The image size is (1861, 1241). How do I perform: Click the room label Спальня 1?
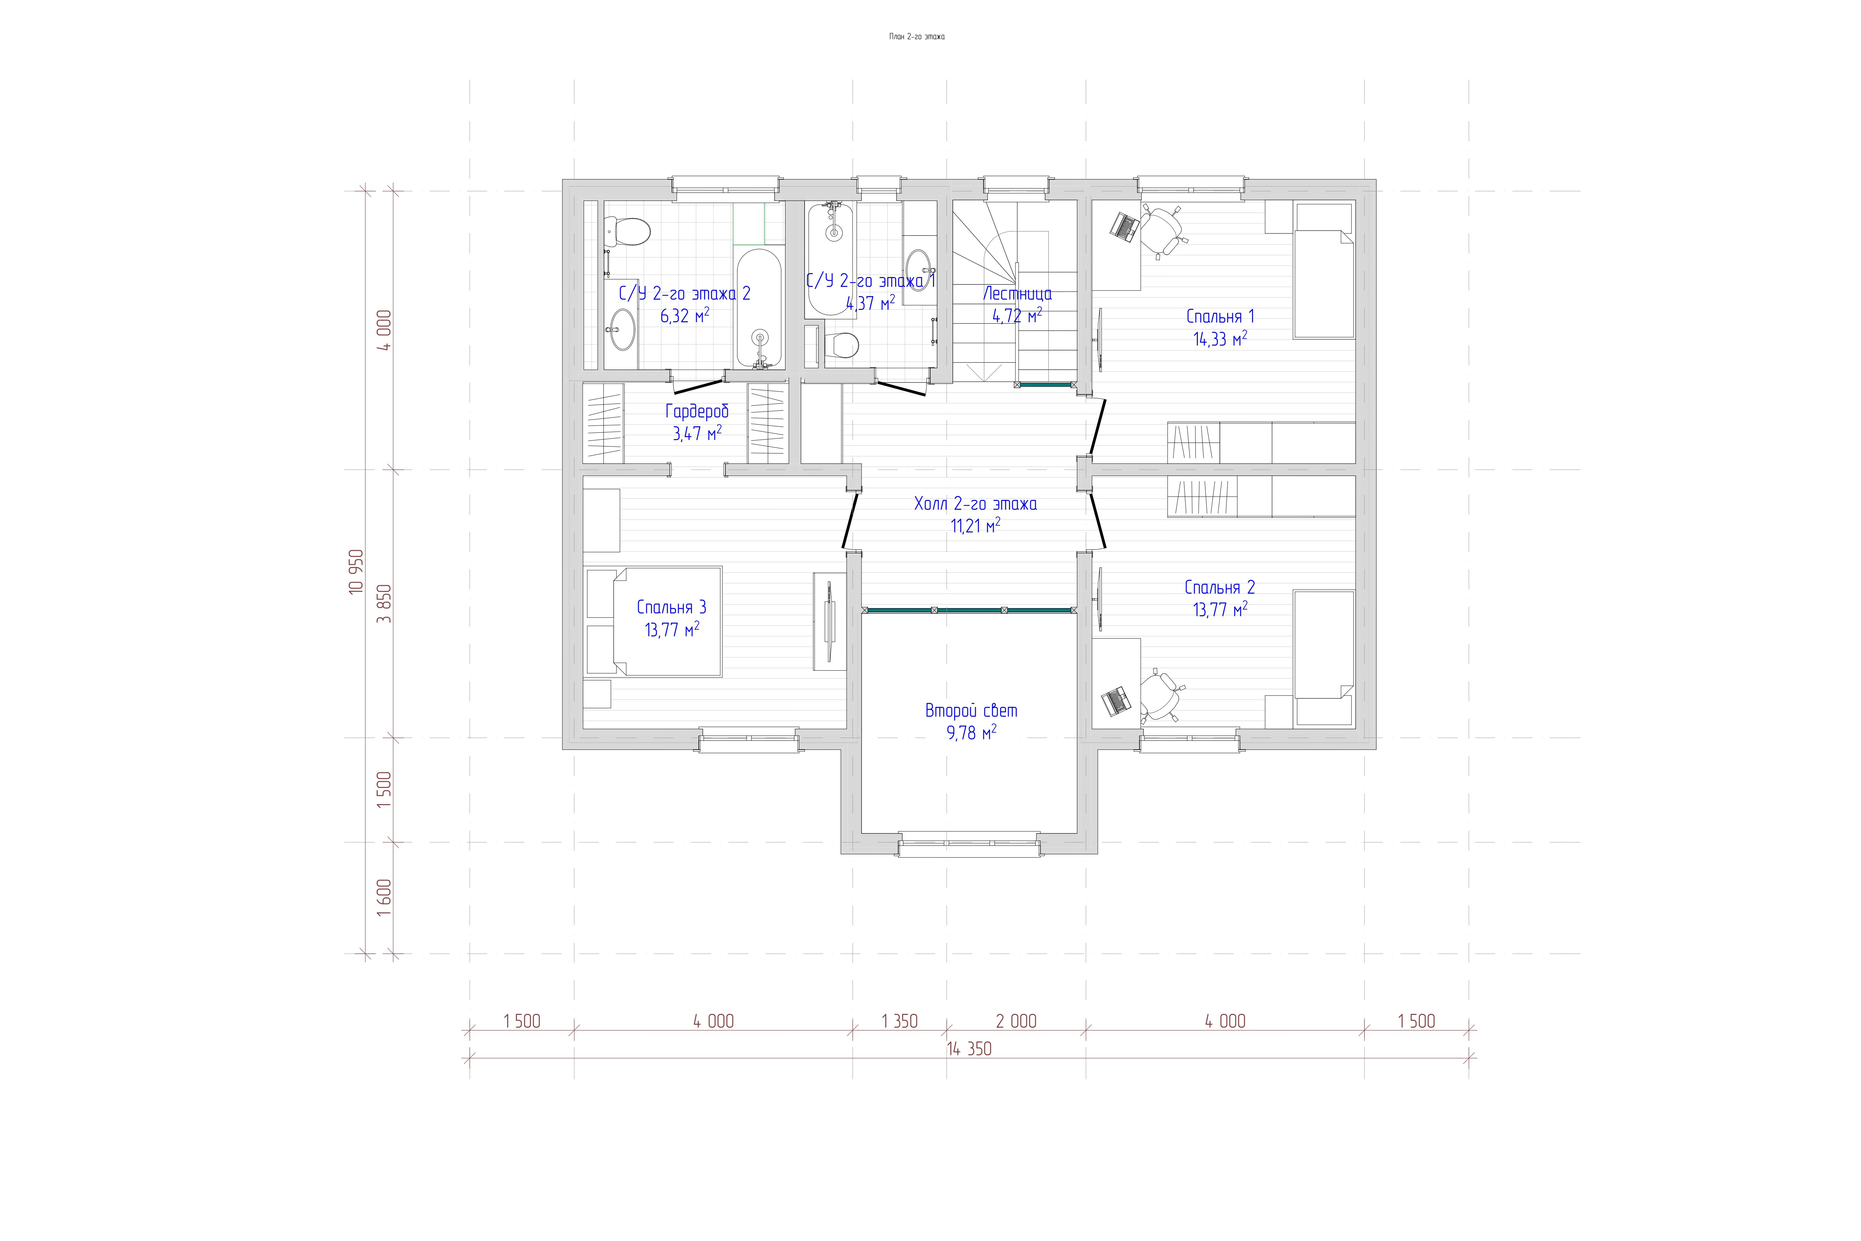click(x=1220, y=317)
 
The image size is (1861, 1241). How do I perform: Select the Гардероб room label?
click(x=696, y=411)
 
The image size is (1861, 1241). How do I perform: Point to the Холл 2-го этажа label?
click(x=976, y=503)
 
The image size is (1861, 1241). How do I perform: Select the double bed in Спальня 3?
click(x=654, y=621)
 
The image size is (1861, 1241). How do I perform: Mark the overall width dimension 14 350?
click(x=969, y=1049)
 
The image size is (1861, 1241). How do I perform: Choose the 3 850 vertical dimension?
click(x=384, y=604)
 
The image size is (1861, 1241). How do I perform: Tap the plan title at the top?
click(x=917, y=36)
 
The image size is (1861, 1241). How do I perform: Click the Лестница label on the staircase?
click(x=1018, y=294)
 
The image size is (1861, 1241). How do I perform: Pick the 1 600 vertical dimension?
click(x=384, y=897)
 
